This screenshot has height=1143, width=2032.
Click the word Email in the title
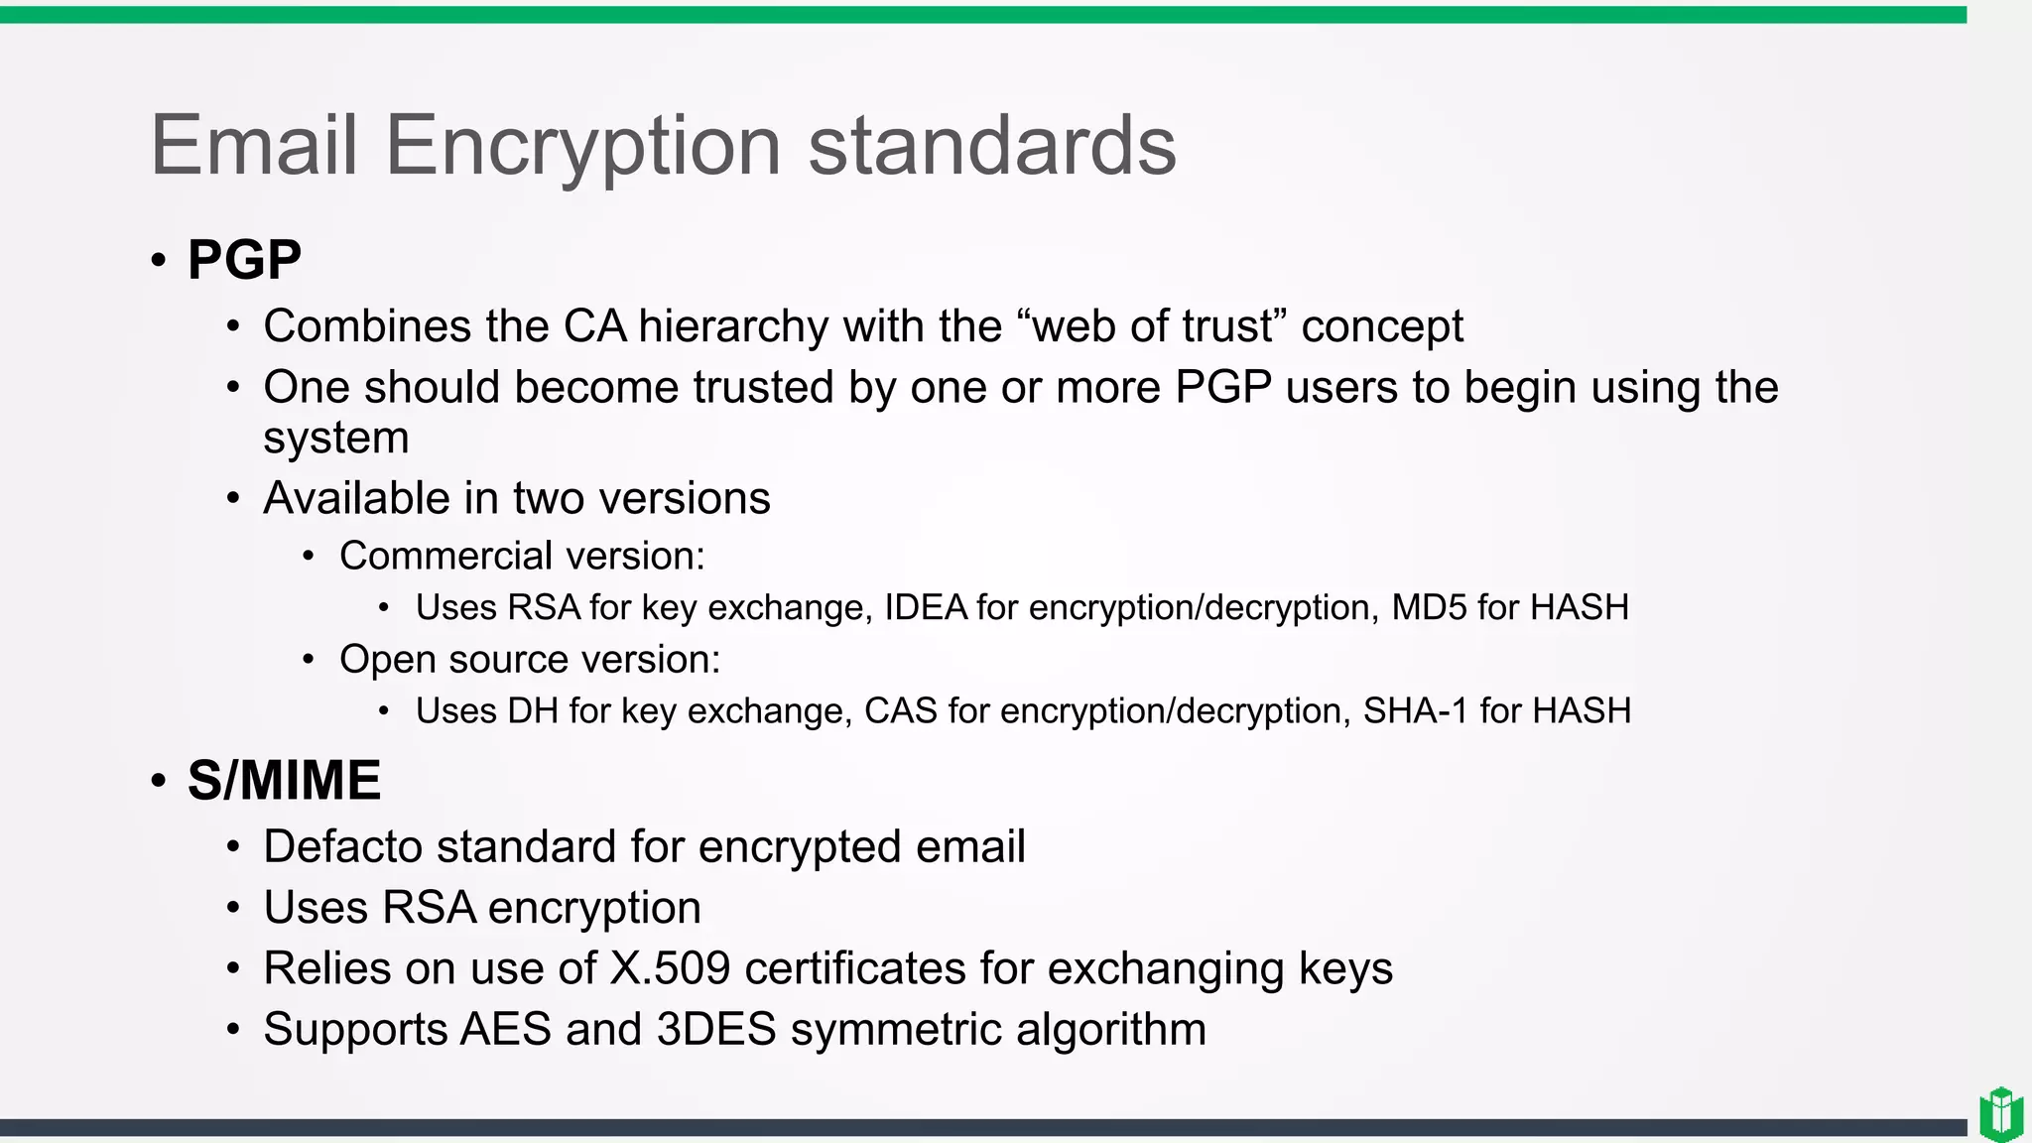[x=253, y=146]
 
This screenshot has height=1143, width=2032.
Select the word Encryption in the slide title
[x=582, y=146]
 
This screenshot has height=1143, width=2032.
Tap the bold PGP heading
[x=244, y=260]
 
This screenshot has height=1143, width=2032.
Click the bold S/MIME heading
[x=284, y=780]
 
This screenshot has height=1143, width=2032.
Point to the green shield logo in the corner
[x=2001, y=1113]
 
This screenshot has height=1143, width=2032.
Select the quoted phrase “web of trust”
[x=1151, y=326]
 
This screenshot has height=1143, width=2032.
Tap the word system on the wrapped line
[x=335, y=438]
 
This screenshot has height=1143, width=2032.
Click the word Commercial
[x=432, y=556]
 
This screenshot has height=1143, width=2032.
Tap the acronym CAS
[x=900, y=710]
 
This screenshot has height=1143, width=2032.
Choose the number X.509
[x=670, y=968]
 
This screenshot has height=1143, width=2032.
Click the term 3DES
[x=716, y=1029]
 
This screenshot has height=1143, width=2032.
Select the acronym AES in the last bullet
[x=505, y=1029]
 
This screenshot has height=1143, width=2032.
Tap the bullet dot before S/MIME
[x=159, y=781]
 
